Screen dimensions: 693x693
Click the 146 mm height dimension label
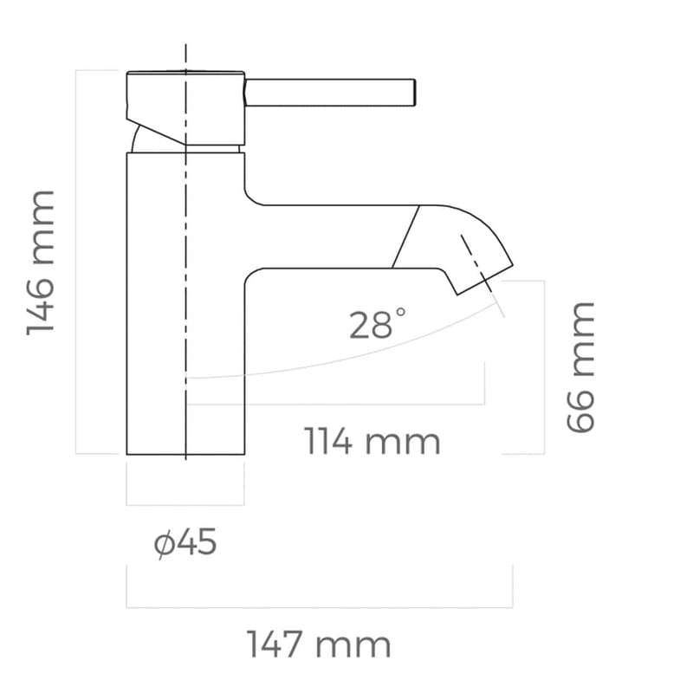42,262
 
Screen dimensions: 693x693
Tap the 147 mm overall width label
319,645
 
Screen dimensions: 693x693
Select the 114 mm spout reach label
372,442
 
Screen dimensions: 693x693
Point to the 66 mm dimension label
580,366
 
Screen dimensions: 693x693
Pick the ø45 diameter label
185,544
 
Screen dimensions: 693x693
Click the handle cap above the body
185,106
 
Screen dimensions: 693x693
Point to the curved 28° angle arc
346,361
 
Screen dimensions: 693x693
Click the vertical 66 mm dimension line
544,366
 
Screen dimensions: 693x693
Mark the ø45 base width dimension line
185,504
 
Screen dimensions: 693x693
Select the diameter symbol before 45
164,545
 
